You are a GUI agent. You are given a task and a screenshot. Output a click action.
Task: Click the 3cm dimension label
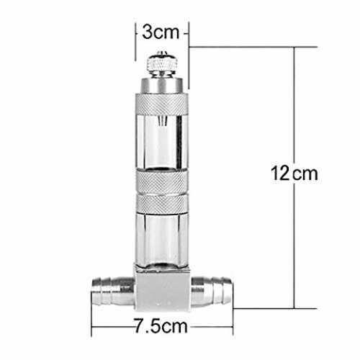tap(161, 32)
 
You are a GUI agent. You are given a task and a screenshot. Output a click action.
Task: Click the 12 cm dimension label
tap(294, 174)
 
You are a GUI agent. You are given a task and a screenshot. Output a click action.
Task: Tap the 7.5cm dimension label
tap(161, 326)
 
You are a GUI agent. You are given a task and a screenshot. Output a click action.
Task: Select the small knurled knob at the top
tap(161, 63)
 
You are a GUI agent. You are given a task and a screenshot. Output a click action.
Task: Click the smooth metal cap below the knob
tap(161, 85)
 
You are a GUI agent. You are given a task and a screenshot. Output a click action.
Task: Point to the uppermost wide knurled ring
tap(162, 104)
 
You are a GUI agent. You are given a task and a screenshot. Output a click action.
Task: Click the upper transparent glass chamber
tap(162, 143)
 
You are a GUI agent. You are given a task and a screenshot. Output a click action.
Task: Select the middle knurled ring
tap(162, 181)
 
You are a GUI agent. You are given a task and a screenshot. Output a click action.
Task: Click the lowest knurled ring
tap(162, 204)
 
